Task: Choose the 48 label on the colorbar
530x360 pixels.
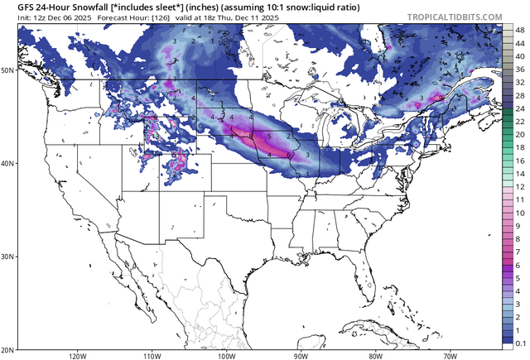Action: click(x=519, y=29)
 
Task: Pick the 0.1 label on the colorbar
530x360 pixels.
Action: click(x=519, y=342)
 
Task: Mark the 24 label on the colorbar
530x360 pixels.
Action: click(x=519, y=108)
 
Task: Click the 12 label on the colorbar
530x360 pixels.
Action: click(x=519, y=186)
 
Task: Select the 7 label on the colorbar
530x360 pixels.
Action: click(x=518, y=252)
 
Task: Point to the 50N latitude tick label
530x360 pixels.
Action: click(x=7, y=70)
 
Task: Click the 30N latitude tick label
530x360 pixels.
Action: click(x=7, y=257)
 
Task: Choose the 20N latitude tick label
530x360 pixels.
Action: click(x=7, y=349)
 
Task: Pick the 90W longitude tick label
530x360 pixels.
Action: click(x=301, y=356)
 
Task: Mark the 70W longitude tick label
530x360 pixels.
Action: click(x=450, y=356)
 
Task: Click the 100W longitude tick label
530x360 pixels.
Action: click(x=226, y=356)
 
